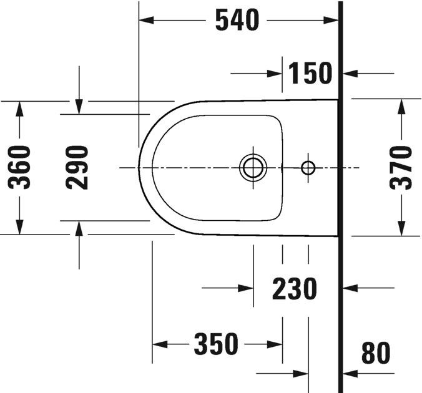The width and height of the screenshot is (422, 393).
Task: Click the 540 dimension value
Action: click(237, 21)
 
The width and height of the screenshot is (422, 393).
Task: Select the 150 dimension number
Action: click(310, 74)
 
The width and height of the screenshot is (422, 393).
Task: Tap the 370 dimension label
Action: click(400, 167)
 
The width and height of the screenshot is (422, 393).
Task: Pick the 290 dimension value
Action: click(78, 167)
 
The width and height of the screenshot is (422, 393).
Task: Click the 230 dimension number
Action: click(295, 289)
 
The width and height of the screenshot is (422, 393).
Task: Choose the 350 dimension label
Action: click(216, 344)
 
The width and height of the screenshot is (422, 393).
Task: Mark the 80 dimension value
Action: click(376, 353)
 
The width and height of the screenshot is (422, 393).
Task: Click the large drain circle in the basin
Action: click(253, 167)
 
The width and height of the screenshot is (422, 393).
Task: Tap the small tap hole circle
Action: click(308, 167)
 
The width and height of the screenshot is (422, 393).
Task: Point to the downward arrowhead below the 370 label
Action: click(400, 229)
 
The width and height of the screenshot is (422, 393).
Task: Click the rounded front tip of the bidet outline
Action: click(140, 167)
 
